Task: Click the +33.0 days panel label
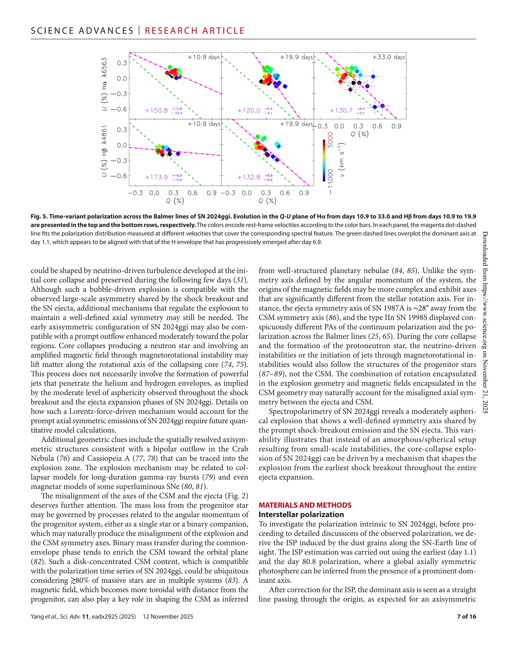coord(389,57)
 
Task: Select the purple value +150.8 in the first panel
coord(156,110)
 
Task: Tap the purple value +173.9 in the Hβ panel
coord(156,177)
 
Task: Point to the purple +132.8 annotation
coord(249,177)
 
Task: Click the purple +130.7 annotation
coord(341,110)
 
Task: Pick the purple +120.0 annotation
coord(249,110)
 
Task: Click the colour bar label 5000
coord(330,140)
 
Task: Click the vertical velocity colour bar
coord(324,161)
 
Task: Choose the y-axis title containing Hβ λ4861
coord(104,151)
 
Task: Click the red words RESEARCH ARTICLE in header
coord(195,31)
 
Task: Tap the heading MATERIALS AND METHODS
coord(305,505)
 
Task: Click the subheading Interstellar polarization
coord(301,514)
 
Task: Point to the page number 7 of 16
coord(466,617)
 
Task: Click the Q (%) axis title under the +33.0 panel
coord(359,134)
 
